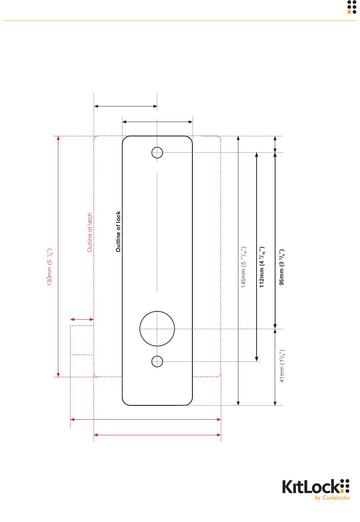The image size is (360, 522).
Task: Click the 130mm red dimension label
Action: click(x=50, y=267)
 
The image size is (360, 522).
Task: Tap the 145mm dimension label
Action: click(x=244, y=267)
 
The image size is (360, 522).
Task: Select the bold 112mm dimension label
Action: click(x=262, y=267)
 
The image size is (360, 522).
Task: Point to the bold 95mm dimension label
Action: click(x=282, y=267)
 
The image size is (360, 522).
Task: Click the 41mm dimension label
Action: click(x=282, y=366)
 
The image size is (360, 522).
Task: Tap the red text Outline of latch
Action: click(x=90, y=232)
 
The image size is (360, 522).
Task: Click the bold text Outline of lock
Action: click(x=118, y=231)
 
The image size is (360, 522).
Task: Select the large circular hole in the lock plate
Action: click(x=157, y=311)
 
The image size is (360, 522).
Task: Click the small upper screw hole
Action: click(x=157, y=147)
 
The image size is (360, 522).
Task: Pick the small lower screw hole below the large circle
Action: click(x=157, y=356)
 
